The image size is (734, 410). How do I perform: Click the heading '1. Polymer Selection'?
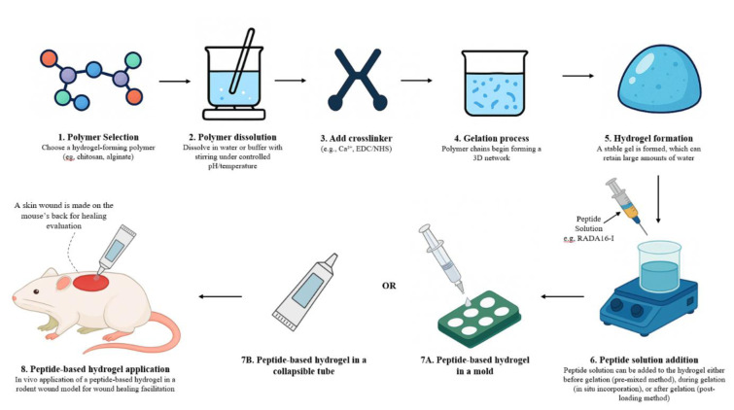point(98,137)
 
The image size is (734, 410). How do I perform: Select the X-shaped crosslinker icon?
point(358,80)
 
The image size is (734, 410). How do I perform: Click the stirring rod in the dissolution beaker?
point(242,60)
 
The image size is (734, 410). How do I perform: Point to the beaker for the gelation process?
point(494,83)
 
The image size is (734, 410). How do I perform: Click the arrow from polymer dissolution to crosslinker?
point(291,81)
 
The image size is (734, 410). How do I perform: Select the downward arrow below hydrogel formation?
point(658,199)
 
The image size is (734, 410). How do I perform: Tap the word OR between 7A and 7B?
point(389,286)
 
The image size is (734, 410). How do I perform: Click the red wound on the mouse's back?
point(90,282)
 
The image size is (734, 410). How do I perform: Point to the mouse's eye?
point(36,291)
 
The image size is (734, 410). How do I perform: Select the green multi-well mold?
point(479,319)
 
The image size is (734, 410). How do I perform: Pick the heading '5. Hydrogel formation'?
point(648,138)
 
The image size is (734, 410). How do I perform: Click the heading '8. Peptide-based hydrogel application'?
point(95,369)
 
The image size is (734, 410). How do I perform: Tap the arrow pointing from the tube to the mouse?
point(220,296)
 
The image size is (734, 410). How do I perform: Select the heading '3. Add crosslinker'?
point(356,138)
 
